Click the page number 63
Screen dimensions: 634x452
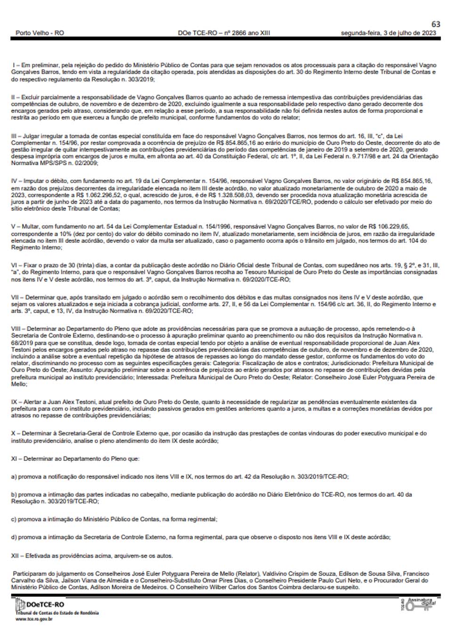coord(436,24)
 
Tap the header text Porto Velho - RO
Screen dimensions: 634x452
coord(40,33)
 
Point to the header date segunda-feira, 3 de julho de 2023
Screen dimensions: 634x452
coord(388,33)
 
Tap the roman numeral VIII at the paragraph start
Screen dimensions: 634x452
coord(17,329)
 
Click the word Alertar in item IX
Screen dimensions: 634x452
coord(33,402)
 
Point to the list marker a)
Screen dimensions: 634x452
coord(14,477)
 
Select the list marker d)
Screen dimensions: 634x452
coord(14,537)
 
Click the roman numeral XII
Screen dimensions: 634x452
coord(16,556)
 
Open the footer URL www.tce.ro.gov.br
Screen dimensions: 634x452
coord(34,619)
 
